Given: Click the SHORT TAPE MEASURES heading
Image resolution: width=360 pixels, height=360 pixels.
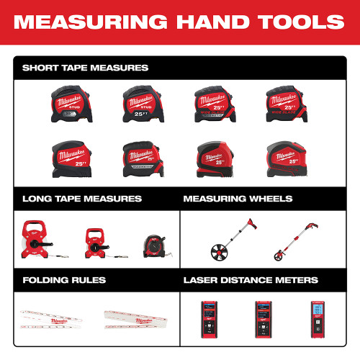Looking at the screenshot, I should pyautogui.click(x=85, y=68).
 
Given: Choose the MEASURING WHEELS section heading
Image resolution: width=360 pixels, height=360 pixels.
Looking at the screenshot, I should pyautogui.click(x=238, y=198).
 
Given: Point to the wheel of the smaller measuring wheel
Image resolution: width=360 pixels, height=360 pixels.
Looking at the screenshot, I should pyautogui.click(x=282, y=254).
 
